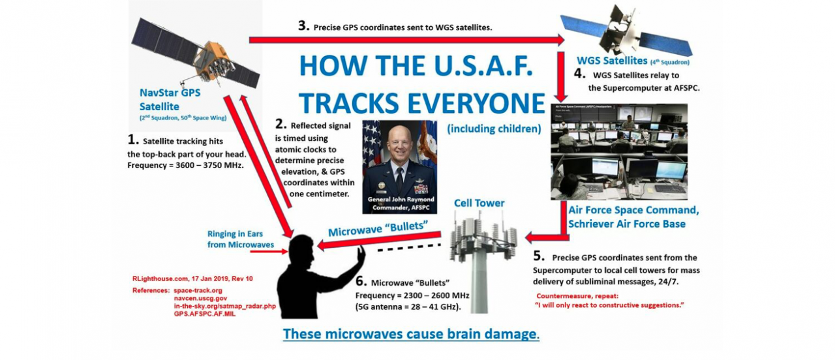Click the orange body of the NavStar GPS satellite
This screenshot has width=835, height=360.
[213, 61]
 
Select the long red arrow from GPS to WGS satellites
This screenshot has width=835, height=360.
[406, 40]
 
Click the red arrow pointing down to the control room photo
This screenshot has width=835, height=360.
[561, 77]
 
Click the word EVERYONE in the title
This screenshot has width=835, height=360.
[476, 103]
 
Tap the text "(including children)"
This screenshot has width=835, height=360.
[494, 129]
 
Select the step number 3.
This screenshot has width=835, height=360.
[304, 25]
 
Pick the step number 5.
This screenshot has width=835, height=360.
[539, 256]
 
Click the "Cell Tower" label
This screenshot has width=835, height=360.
[479, 203]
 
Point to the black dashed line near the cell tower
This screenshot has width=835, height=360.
[409, 248]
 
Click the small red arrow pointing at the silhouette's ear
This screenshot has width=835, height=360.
[269, 252]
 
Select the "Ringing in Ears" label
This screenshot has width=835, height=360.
[235, 234]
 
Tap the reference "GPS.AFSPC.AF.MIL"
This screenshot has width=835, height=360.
[205, 314]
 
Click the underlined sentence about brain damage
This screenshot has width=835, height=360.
[411, 335]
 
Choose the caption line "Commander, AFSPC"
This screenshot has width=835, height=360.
[401, 207]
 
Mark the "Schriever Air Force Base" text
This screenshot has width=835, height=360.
[627, 224]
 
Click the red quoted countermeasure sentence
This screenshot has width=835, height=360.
[609, 305]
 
